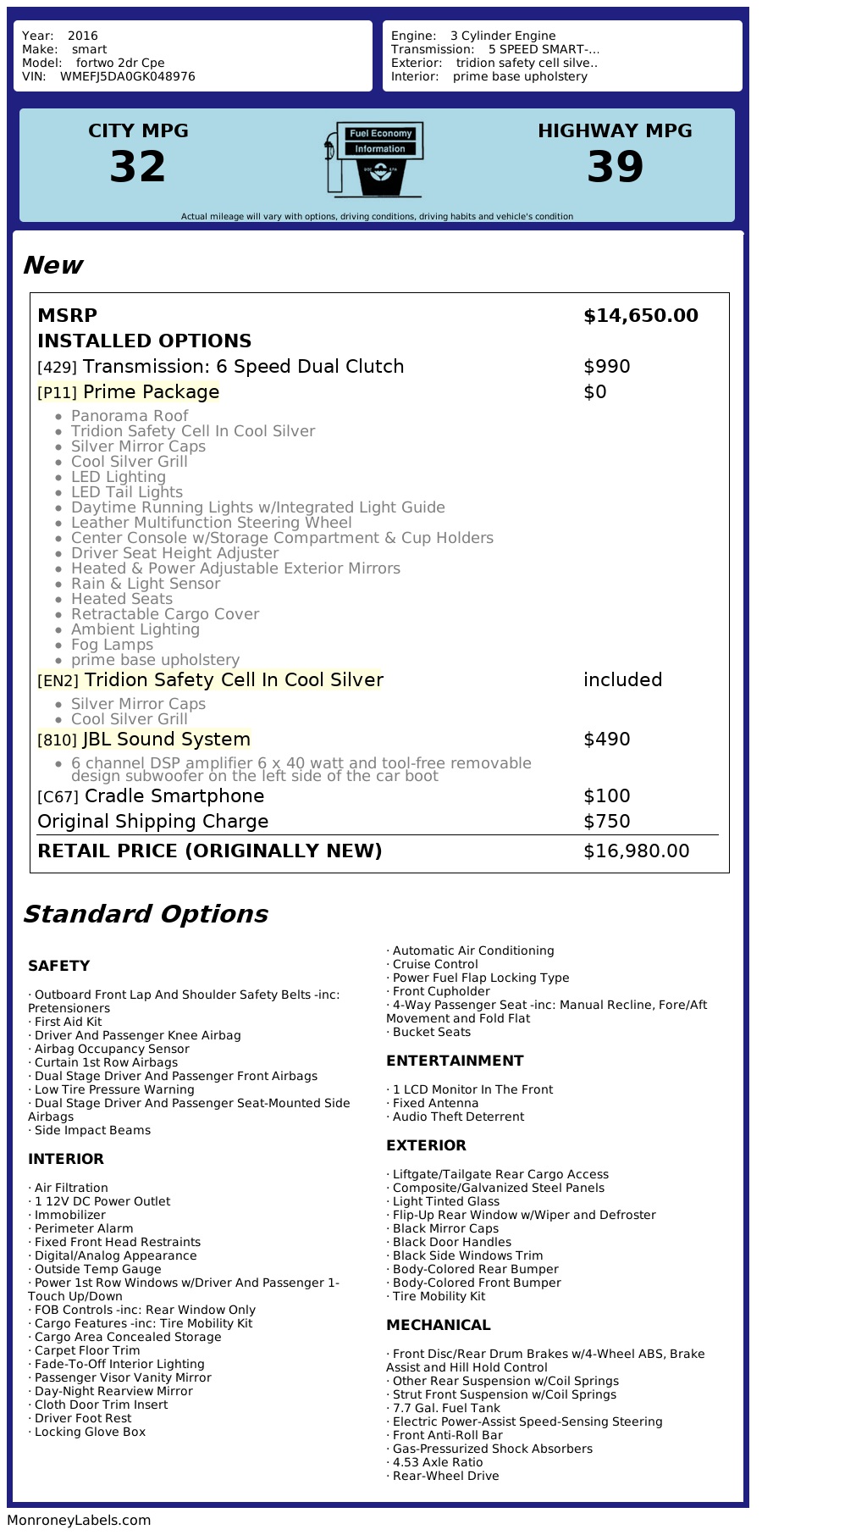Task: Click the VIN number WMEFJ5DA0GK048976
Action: point(127,76)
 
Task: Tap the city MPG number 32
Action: point(138,167)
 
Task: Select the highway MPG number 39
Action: point(615,167)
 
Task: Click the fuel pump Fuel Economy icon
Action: point(373,159)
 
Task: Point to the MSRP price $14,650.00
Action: point(640,316)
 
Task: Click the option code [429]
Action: point(57,368)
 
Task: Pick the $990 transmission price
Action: point(606,367)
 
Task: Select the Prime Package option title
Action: point(151,392)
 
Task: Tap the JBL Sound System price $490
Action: point(606,740)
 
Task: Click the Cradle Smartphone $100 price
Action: point(606,796)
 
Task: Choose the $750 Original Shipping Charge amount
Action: point(606,822)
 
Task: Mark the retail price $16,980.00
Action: point(636,851)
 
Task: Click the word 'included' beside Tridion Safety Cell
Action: point(622,680)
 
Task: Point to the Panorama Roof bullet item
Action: point(129,416)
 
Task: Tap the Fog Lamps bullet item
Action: point(112,645)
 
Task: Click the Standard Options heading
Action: point(145,914)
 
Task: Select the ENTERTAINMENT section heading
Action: point(455,1061)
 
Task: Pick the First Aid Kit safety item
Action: point(68,1022)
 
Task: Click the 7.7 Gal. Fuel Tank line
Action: point(446,1408)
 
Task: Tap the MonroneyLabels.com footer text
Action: point(79,1520)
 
